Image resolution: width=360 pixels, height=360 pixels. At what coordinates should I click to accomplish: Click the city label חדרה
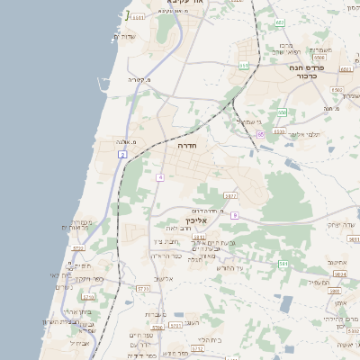187,145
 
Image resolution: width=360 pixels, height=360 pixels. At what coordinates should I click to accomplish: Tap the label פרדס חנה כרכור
305,72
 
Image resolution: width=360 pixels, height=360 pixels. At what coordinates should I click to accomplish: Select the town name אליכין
195,220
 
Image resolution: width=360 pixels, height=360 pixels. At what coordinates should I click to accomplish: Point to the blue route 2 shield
121,155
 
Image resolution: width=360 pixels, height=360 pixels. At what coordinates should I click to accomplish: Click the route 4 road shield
159,177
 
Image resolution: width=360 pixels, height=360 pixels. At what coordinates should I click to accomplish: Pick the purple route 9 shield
233,215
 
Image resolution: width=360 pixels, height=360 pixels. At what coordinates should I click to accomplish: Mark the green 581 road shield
283,264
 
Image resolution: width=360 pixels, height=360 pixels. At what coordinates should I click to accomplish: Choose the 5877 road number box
230,194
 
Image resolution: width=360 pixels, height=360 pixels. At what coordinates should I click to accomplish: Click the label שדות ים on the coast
123,36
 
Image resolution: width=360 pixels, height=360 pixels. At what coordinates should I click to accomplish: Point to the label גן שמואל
247,121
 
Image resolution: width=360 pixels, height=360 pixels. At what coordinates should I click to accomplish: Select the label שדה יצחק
341,224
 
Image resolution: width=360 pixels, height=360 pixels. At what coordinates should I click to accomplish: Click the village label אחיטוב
337,262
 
